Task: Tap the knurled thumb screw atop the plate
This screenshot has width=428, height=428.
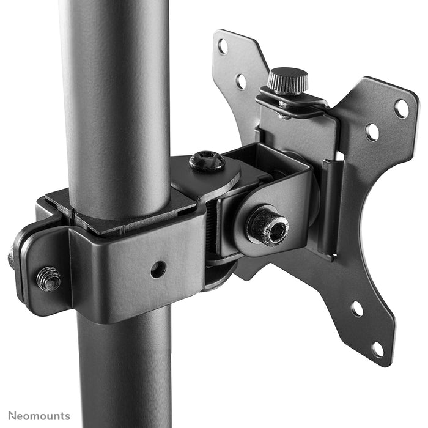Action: coord(287,81)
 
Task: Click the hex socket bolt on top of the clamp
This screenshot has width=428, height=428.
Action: coord(207,161)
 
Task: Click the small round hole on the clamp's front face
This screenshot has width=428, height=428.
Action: coord(158,268)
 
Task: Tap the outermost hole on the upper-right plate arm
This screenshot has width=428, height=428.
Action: coord(401,109)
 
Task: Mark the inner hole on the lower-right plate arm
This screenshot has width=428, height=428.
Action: coord(356,309)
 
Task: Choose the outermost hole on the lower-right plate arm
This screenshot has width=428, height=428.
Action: coord(378,350)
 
